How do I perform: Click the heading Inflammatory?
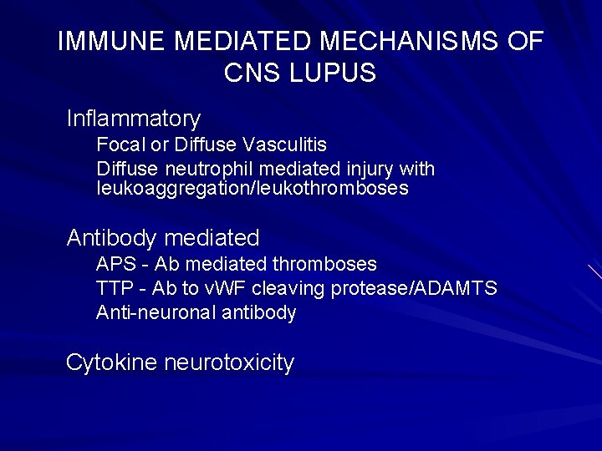pos(134,119)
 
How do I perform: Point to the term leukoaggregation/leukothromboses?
pos(253,189)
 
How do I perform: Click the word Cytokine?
pos(112,362)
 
